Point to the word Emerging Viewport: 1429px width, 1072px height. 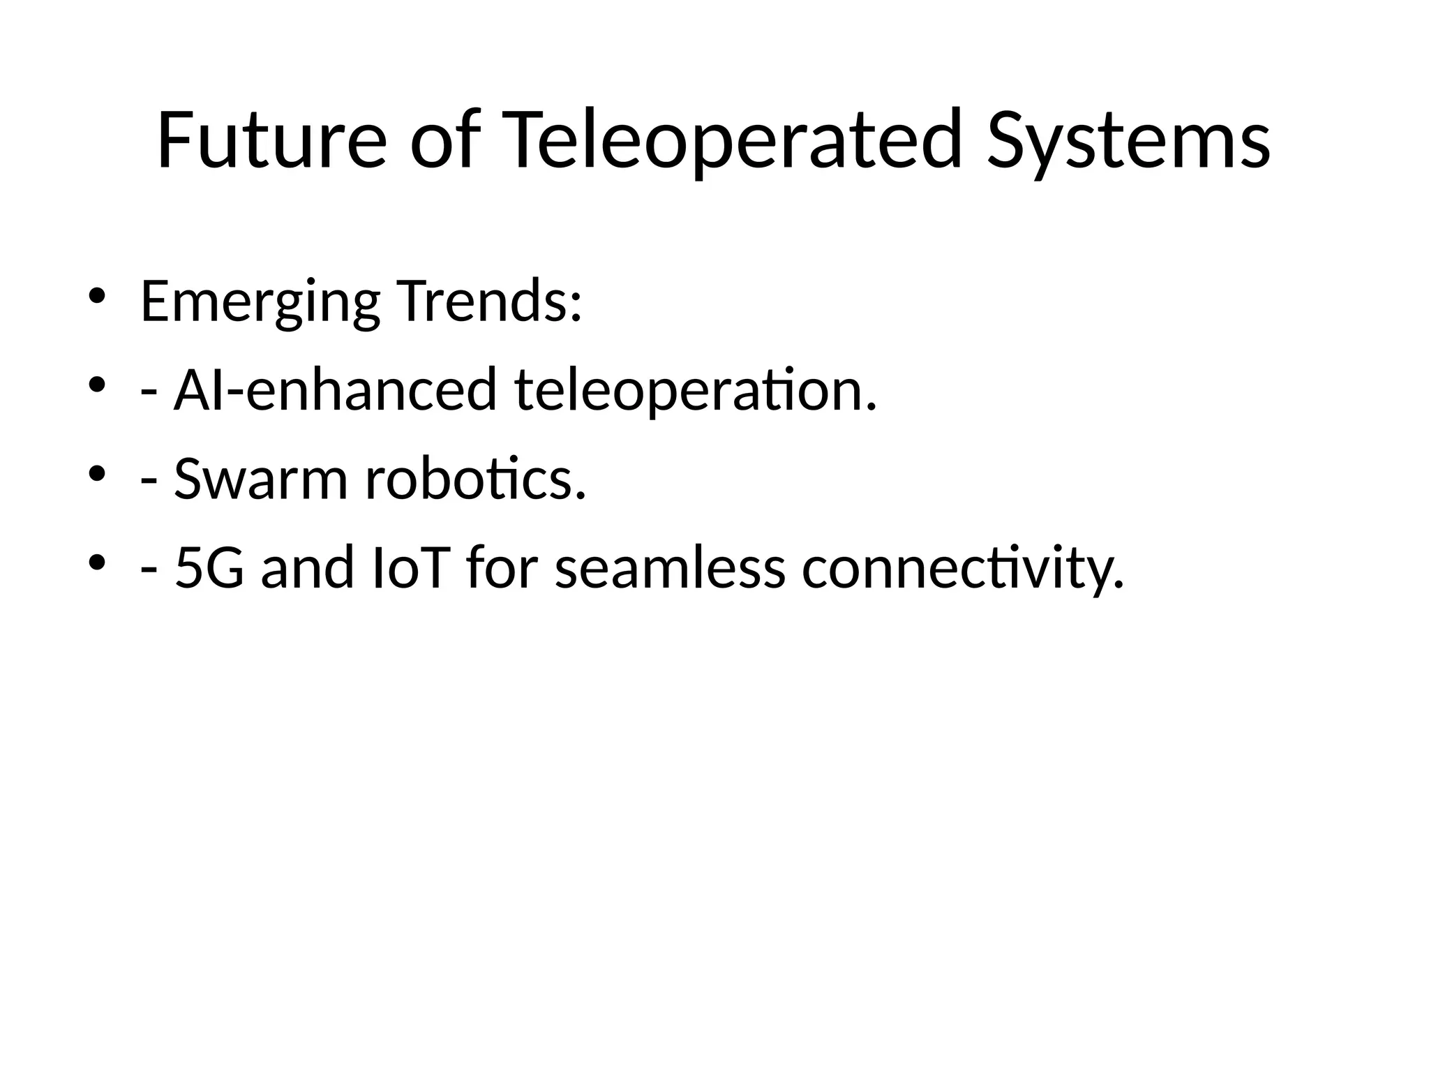260,303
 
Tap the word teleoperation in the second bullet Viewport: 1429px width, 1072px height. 695,391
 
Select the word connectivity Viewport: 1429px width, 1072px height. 963,569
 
